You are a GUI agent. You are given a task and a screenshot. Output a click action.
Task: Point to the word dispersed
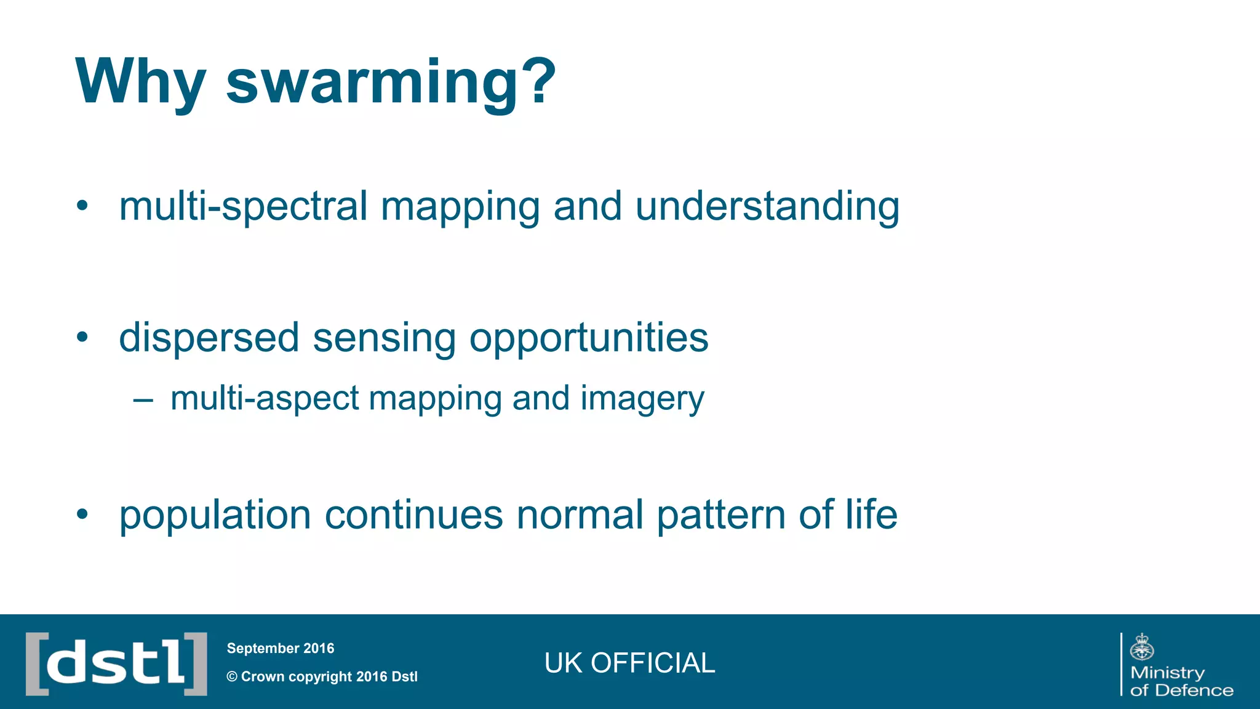pos(209,338)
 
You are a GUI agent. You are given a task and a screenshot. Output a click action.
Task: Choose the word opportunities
pos(589,338)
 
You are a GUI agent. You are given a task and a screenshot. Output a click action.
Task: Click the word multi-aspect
pos(265,398)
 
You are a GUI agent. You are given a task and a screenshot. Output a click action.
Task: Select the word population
pos(215,515)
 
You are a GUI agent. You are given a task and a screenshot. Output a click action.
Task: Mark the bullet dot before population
pos(82,513)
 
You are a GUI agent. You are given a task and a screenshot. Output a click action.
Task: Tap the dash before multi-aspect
pos(143,400)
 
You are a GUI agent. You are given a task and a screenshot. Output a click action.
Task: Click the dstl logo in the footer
pos(116,663)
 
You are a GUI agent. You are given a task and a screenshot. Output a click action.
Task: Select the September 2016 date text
pos(281,648)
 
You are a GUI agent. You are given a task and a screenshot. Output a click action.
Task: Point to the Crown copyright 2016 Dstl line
pos(322,676)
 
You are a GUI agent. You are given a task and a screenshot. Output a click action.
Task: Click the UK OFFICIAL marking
pos(629,663)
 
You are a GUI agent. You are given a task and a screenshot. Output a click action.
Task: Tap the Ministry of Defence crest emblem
pos(1142,647)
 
